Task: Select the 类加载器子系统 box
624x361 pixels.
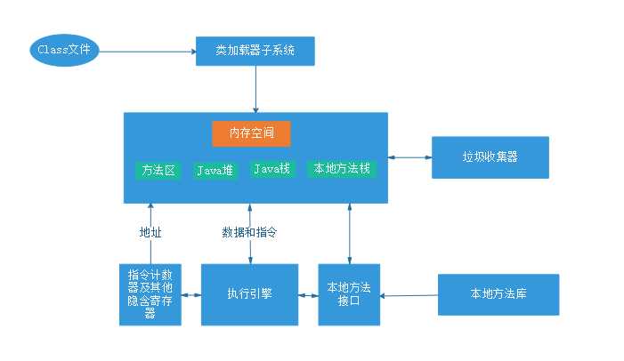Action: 255,52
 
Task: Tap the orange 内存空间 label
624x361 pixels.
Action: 251,133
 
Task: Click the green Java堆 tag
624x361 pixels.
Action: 215,169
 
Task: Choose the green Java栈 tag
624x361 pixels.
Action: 271,168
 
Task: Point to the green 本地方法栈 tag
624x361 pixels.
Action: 343,168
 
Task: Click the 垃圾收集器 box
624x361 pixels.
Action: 490,157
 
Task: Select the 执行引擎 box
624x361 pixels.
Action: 248,293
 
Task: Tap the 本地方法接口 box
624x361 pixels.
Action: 349,293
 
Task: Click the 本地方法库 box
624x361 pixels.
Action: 498,293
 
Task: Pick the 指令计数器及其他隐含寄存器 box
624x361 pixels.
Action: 150,293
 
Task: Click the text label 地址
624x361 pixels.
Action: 150,233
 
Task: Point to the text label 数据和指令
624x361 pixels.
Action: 249,233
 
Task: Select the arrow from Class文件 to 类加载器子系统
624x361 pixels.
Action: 147,51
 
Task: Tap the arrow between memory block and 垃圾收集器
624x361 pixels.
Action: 409,157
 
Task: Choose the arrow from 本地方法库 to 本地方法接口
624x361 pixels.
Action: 409,293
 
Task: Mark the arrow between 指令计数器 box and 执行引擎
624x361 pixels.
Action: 190,293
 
